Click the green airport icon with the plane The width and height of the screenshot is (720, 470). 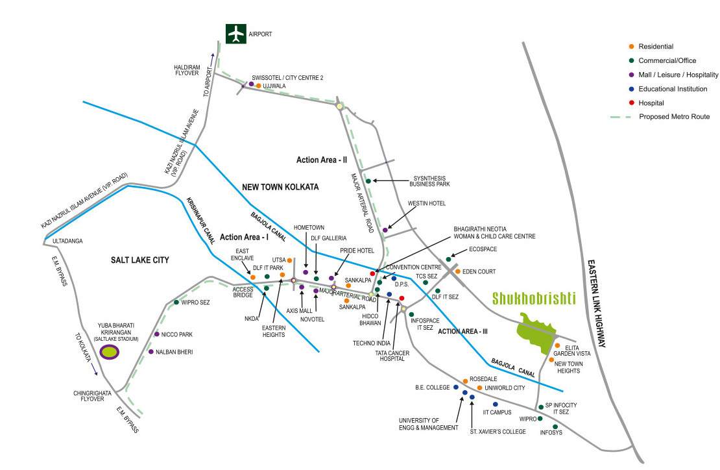click(x=235, y=33)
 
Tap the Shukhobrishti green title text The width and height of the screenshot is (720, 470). click(x=534, y=299)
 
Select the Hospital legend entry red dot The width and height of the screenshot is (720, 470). click(x=632, y=103)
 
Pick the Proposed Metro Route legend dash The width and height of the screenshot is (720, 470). click(x=620, y=117)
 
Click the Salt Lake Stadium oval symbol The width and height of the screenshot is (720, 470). click(x=110, y=352)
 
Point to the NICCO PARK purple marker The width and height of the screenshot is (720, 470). click(x=156, y=334)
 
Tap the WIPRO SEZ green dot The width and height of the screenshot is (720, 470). click(x=176, y=303)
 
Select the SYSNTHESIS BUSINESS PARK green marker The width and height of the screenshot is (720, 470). click(x=368, y=181)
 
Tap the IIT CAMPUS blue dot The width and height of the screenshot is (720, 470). click(x=495, y=404)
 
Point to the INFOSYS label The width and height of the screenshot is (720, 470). click(x=551, y=432)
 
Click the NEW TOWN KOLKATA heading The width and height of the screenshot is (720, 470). click(x=280, y=187)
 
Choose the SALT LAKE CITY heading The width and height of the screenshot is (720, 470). click(x=139, y=260)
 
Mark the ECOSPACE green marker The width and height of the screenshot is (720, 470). click(x=448, y=259)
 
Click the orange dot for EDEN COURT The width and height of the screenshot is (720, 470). click(x=457, y=271)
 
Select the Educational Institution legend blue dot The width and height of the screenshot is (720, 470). click(x=632, y=89)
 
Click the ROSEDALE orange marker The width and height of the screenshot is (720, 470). click(x=465, y=381)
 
